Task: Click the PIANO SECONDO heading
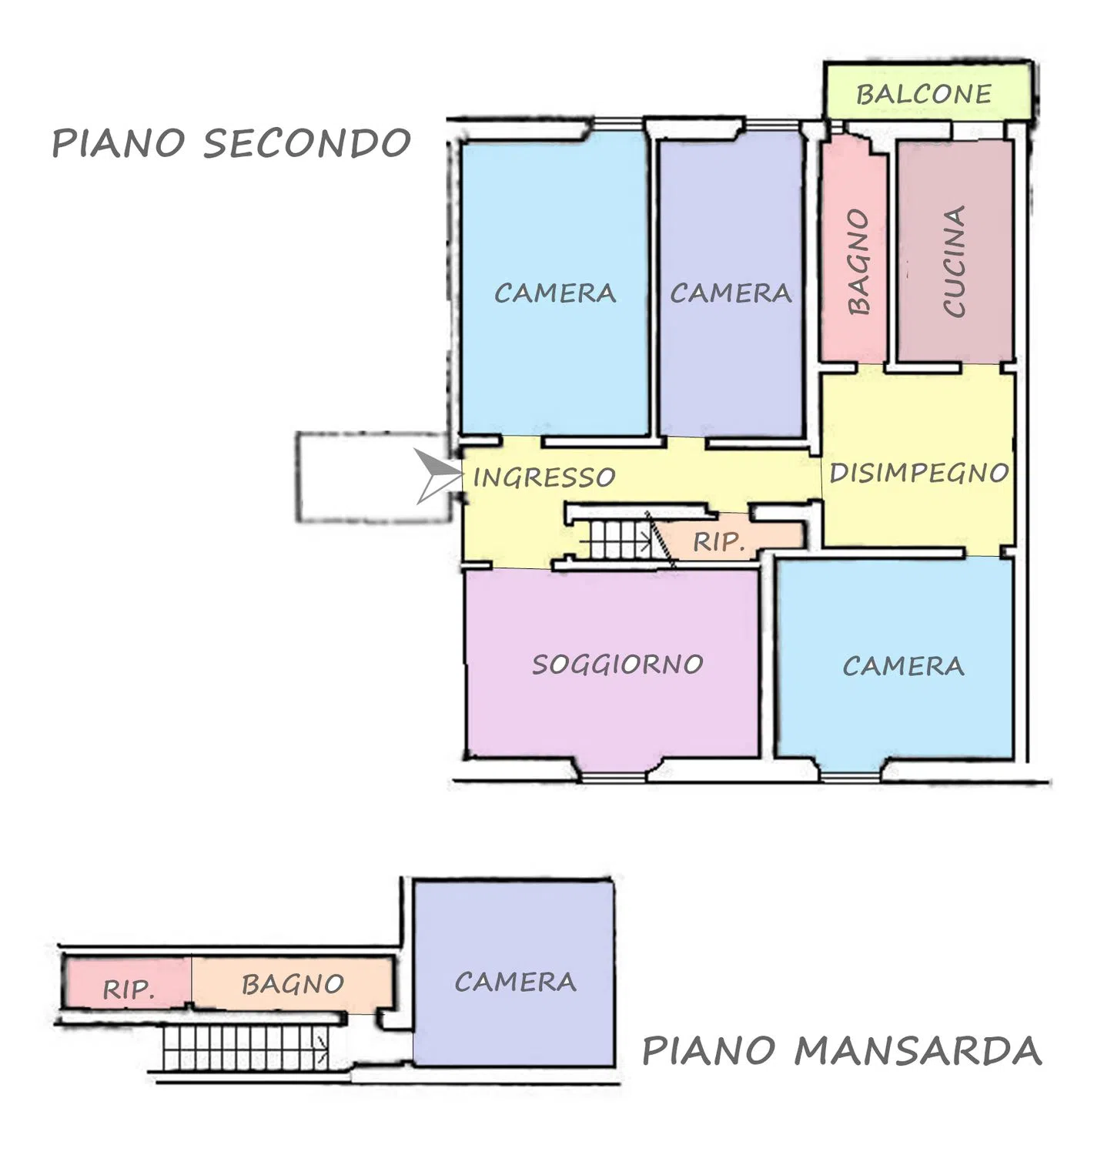click(x=231, y=143)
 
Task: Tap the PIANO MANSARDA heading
click(x=841, y=1050)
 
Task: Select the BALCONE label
click(x=924, y=94)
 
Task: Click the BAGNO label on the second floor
click(x=858, y=262)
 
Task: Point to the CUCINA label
click(x=954, y=261)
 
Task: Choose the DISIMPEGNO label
click(x=919, y=472)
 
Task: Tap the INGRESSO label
click(x=544, y=477)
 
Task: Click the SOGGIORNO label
click(x=617, y=664)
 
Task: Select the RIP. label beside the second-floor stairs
click(x=720, y=542)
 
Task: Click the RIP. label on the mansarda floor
click(x=129, y=989)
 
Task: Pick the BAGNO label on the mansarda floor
click(x=293, y=984)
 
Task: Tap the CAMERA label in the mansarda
click(x=515, y=982)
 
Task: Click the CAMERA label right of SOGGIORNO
click(x=903, y=666)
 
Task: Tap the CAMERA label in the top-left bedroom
click(x=555, y=293)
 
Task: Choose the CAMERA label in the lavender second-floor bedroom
click(x=731, y=293)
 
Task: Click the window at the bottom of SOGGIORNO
click(x=614, y=775)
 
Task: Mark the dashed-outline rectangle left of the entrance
click(x=373, y=477)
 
